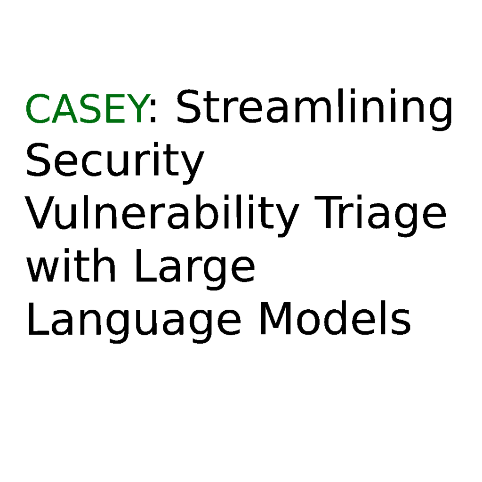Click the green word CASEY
click(84, 109)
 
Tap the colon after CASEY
click(153, 112)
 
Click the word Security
click(115, 163)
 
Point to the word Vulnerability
click(162, 216)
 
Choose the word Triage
click(380, 216)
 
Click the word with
click(72, 265)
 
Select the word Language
click(134, 321)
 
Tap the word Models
click(335, 318)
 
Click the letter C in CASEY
click(38, 109)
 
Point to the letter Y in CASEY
click(134, 109)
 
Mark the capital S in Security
click(38, 160)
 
